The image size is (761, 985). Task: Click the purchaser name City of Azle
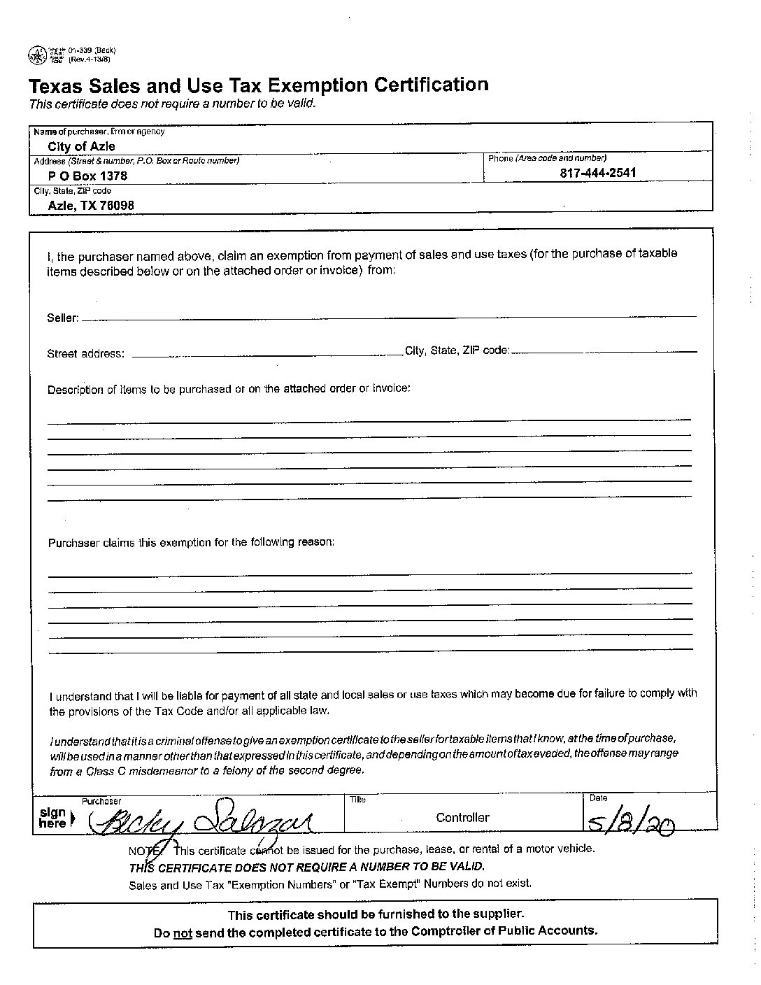81,146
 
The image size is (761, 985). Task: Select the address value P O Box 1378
87,176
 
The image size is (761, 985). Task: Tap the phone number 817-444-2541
598,173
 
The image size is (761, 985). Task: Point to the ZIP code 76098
117,205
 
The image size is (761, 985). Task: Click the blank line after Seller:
388,317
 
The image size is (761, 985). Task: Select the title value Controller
462,817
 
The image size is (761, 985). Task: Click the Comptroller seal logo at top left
36,55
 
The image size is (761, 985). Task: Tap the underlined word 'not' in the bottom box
183,932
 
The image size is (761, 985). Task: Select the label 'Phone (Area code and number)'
547,158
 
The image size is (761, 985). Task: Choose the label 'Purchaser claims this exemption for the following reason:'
191,542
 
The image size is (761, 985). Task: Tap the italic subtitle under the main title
172,104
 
